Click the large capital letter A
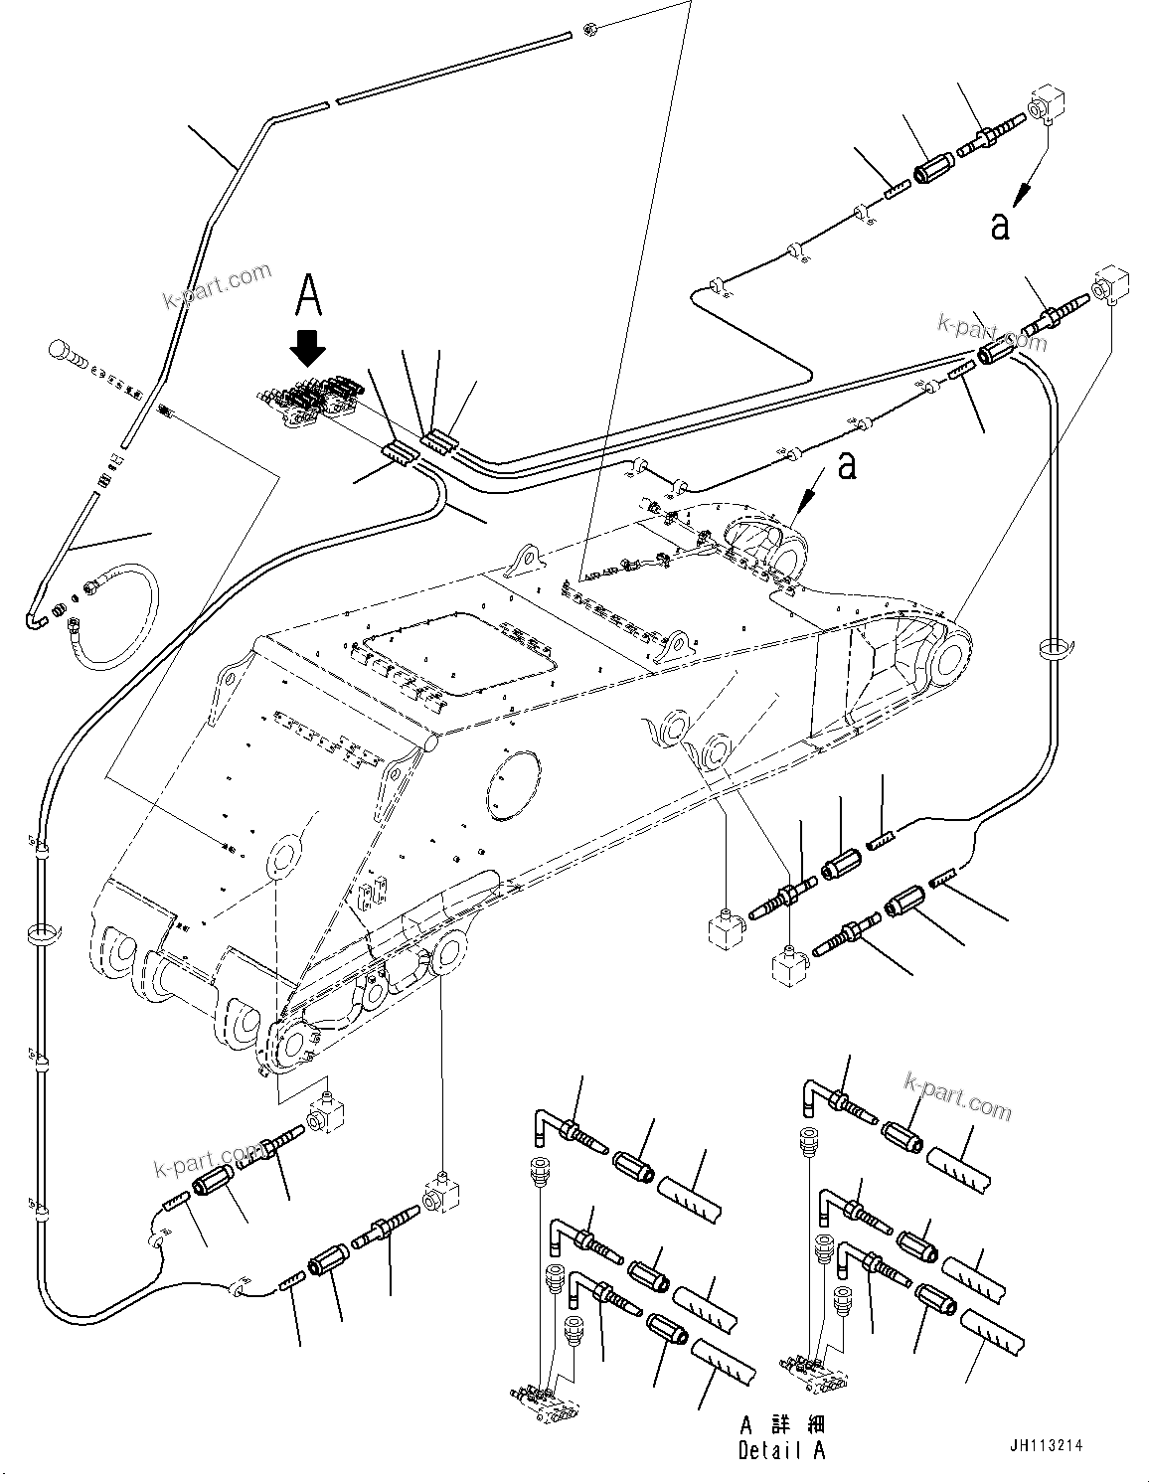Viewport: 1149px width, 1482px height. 309,296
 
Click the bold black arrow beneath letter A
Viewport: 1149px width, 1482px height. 308,350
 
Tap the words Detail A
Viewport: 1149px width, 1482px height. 781,1451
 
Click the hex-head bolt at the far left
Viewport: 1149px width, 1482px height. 62,354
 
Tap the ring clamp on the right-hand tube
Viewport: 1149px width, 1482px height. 1055,649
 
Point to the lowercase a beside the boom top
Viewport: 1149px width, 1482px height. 846,464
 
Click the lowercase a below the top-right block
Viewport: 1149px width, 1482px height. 999,226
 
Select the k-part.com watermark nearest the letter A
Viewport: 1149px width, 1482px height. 218,285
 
